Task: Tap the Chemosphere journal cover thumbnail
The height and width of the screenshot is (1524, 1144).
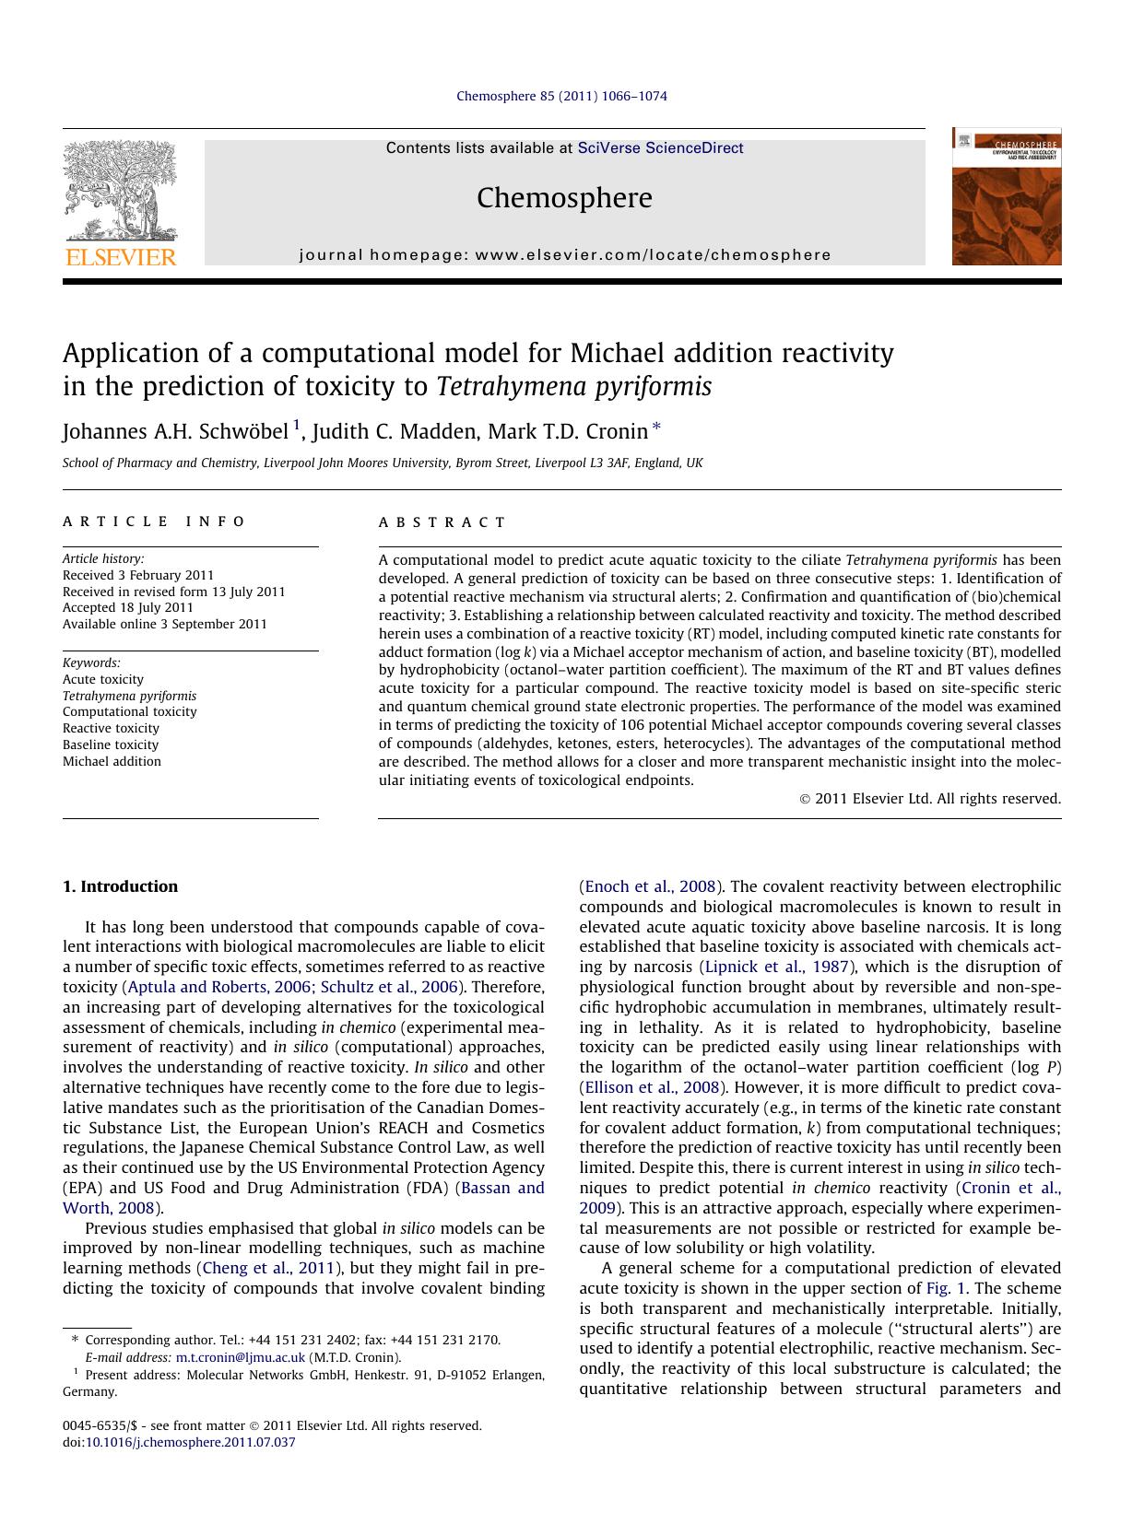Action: pos(1006,196)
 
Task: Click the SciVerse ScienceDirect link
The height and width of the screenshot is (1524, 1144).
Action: pos(660,148)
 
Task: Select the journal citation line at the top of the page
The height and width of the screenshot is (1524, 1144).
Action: pos(561,96)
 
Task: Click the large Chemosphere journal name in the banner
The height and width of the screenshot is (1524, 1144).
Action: pos(564,198)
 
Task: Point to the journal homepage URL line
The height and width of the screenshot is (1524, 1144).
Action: pos(564,255)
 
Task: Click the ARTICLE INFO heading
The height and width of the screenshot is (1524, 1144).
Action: pos(154,522)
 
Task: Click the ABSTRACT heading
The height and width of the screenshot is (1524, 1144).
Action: pos(442,522)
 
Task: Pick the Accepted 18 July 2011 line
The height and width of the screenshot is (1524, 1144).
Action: pos(128,607)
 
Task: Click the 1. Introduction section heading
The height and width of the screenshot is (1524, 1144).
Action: pos(120,886)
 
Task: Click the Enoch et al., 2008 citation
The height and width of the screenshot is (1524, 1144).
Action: pos(651,886)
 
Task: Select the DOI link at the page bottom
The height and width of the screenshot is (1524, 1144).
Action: pos(190,1442)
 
